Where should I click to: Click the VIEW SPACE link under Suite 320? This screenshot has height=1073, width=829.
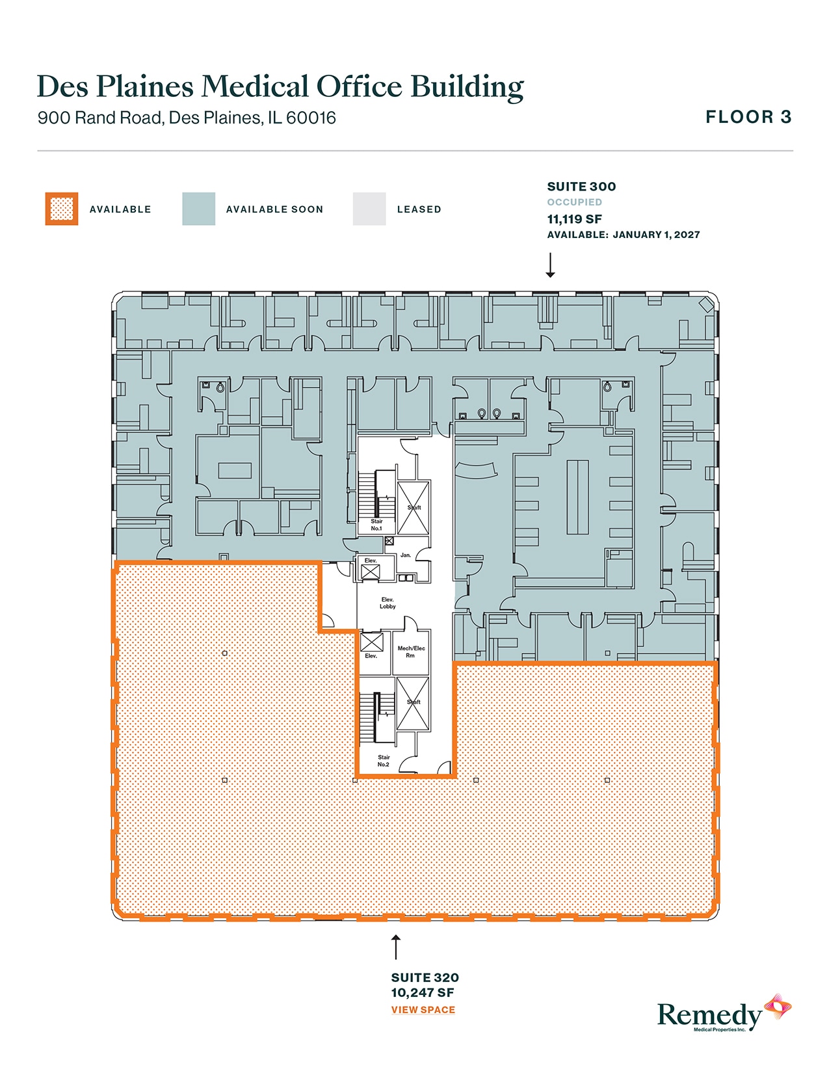coord(423,1010)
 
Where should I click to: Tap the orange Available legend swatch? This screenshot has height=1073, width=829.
coord(62,209)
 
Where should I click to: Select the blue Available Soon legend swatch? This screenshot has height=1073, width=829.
coord(198,209)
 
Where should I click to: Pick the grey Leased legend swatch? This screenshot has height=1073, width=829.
coord(369,209)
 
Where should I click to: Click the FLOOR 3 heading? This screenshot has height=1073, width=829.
coord(748,117)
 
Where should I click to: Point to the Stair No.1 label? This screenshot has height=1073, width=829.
coord(376,525)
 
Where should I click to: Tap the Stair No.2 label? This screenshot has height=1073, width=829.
coord(384,761)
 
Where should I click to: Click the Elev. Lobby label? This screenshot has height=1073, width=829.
coord(388,603)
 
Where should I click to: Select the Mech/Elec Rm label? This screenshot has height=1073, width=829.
coord(411,652)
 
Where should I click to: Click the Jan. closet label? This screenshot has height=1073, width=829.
coord(405,555)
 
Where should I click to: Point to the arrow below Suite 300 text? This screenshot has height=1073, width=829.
coord(550,265)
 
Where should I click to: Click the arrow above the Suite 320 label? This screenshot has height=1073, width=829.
coord(395,947)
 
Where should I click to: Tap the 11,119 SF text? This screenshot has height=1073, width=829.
coord(574,219)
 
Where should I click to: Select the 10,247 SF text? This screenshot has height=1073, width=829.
coord(422,993)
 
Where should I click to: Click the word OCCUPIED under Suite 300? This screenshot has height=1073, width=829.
coord(574,202)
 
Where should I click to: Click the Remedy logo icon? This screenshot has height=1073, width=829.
coord(778,1007)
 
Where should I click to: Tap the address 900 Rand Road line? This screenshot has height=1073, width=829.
coord(187,118)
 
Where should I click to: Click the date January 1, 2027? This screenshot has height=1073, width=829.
coord(656,235)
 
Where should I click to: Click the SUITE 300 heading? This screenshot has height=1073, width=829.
coord(581,187)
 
